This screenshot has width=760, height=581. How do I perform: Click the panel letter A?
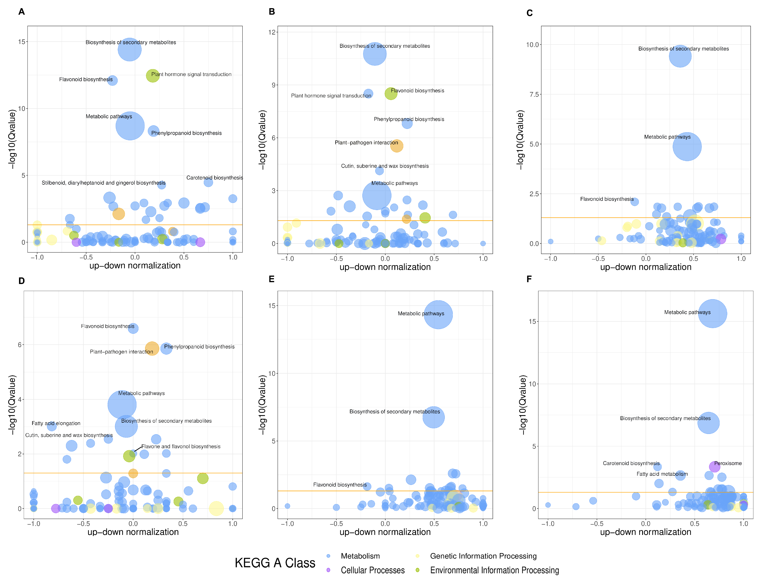21,12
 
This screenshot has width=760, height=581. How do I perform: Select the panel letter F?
529,279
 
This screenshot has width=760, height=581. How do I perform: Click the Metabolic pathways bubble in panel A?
130,126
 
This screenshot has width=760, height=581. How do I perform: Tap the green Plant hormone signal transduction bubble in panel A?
152,75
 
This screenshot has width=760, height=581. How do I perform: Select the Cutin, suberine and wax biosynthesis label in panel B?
385,166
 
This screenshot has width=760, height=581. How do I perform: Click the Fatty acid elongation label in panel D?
56,423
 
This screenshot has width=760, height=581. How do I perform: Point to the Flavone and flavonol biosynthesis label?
181,446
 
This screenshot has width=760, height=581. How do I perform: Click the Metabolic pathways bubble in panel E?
438,314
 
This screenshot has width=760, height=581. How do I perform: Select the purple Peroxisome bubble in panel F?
714,467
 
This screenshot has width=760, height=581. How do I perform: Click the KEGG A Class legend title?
275,563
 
